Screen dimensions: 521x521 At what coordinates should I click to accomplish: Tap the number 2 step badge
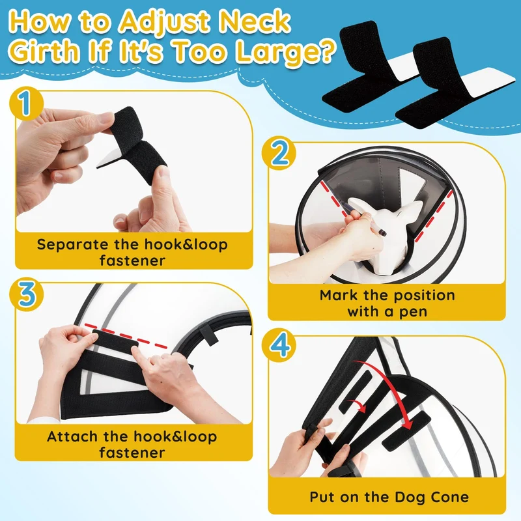tap(279, 153)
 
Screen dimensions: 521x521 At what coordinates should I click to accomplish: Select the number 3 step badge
tap(26, 294)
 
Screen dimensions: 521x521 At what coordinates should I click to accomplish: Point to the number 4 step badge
tap(279, 346)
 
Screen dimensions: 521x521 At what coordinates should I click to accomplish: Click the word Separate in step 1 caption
tap(72, 245)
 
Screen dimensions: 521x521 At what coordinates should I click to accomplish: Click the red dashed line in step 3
tap(126, 336)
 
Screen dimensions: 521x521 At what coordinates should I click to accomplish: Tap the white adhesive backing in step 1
tap(107, 159)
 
